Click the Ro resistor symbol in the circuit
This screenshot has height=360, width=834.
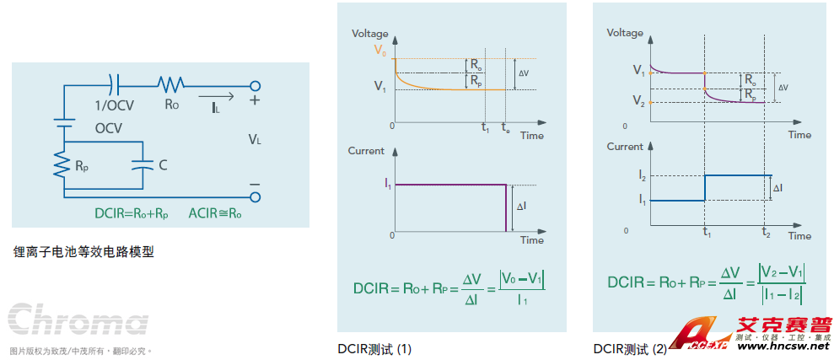pyautogui.click(x=170, y=84)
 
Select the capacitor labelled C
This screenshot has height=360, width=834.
pyautogui.click(x=142, y=165)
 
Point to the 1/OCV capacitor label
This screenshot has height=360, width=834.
pyautogui.click(x=113, y=105)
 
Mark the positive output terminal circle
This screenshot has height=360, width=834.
pyautogui.click(x=255, y=85)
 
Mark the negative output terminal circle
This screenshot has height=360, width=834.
pyautogui.click(x=255, y=197)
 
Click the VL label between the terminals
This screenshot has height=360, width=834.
pyautogui.click(x=254, y=139)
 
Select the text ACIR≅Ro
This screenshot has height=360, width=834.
pyautogui.click(x=215, y=214)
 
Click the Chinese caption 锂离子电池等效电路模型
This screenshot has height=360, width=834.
pyautogui.click(x=83, y=251)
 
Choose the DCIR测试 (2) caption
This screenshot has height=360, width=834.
pyautogui.click(x=630, y=348)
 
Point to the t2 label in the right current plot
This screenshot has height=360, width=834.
pyautogui.click(x=766, y=234)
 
